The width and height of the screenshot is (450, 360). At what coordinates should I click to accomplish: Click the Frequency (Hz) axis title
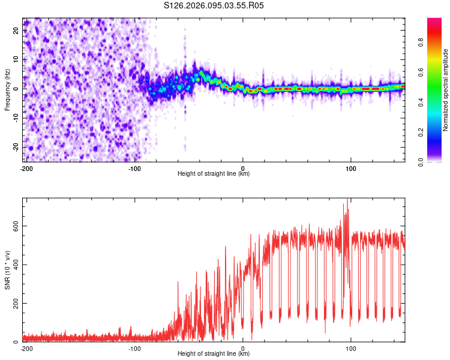pos(7,90)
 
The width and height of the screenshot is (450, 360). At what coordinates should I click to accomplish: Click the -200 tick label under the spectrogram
pos(26,167)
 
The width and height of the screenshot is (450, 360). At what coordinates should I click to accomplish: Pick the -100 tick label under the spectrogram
pos(134,167)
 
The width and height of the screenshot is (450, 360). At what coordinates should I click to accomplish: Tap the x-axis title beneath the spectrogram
pos(214,174)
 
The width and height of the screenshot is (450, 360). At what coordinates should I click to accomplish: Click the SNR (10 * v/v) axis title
pos(7,270)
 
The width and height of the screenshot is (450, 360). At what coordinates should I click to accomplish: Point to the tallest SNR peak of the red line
pos(347,200)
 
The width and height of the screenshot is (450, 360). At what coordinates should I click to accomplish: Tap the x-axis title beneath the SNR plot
pos(214,355)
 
